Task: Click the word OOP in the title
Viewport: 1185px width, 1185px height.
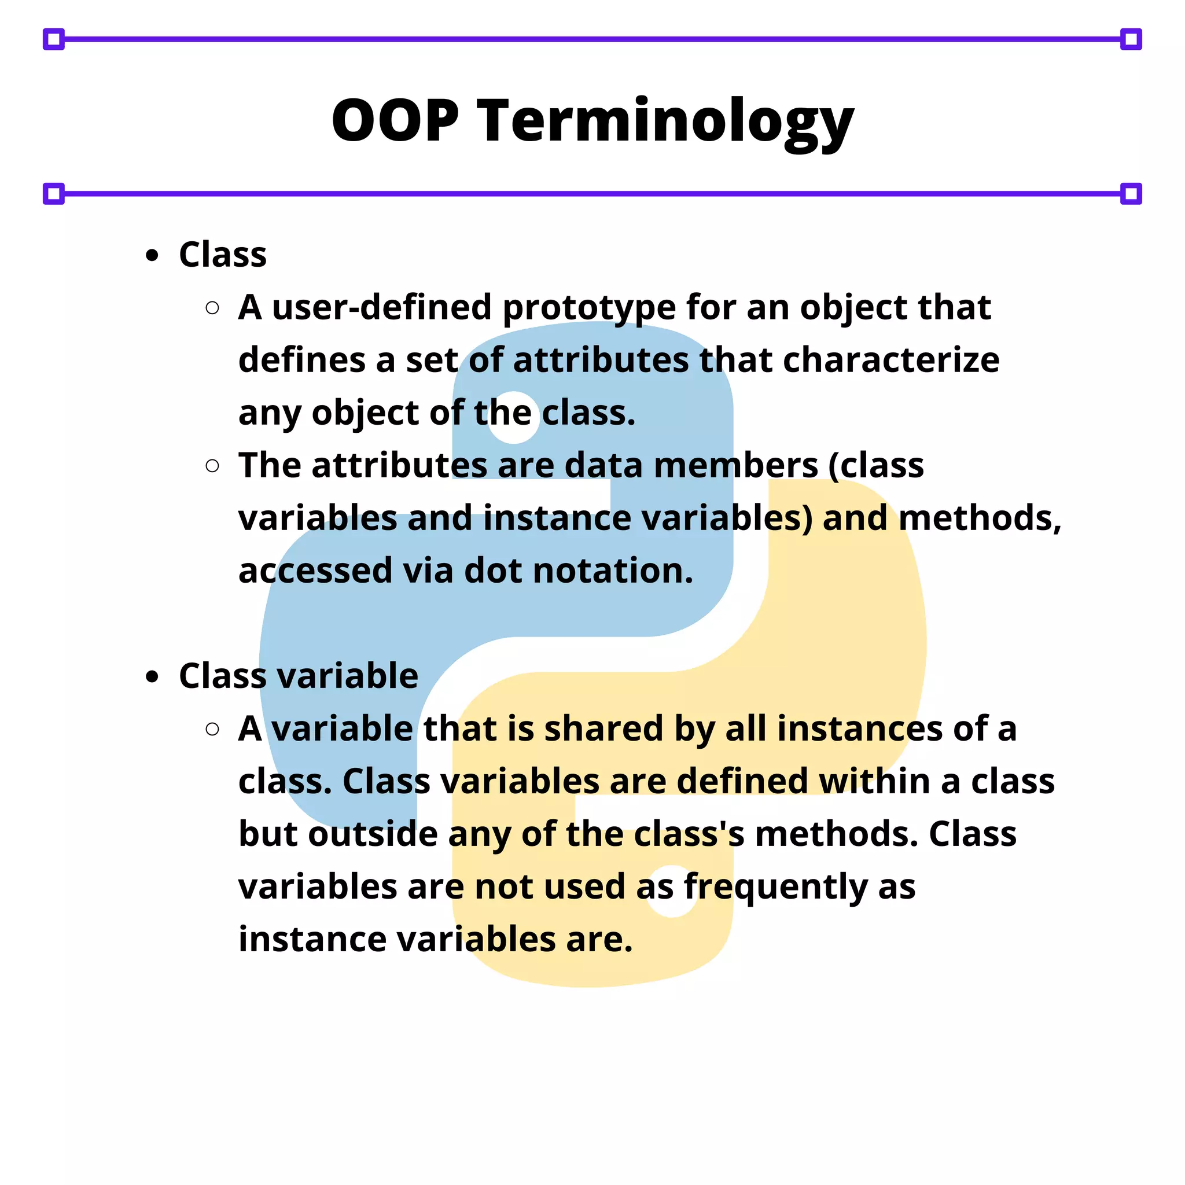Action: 395,120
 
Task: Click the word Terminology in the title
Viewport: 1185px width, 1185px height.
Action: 665,122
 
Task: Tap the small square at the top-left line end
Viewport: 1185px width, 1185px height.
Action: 54,39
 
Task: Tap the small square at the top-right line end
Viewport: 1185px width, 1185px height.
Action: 1131,39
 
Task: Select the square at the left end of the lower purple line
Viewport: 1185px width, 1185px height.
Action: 54,194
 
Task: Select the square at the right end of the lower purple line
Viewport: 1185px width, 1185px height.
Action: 1131,194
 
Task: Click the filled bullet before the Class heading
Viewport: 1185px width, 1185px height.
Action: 152,255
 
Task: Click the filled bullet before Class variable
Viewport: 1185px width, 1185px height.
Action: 152,676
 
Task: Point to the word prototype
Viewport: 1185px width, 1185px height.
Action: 589,308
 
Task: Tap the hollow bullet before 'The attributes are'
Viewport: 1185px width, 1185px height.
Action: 212,466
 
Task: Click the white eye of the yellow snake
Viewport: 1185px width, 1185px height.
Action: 672,891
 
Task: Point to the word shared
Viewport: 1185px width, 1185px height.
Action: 603,728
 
